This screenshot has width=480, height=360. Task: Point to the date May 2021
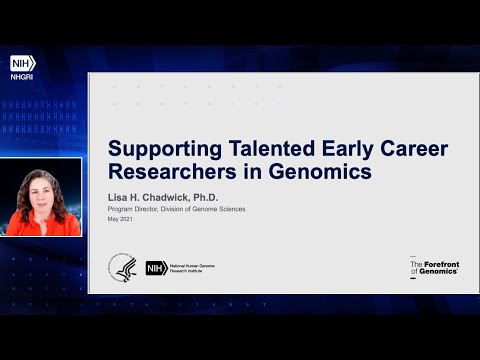[121, 220]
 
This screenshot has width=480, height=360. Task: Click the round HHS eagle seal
[124, 267]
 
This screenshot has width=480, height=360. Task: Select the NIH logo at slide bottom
[156, 267]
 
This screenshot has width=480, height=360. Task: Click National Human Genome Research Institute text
[191, 267]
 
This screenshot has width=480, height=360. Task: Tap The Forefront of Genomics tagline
[434, 266]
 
